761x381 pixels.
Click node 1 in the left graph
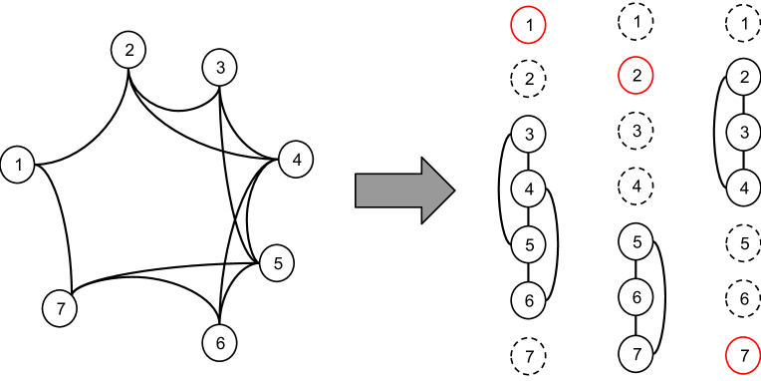pos(17,165)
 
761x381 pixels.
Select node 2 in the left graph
pos(128,50)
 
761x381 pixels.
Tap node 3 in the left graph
pos(219,68)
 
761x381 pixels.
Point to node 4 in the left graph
pos(296,160)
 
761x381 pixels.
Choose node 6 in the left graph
pos(220,343)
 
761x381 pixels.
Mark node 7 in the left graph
pos(60,308)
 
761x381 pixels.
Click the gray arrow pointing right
pos(404,190)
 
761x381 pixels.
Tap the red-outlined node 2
pos(635,76)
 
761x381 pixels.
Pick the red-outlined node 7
pos(738,355)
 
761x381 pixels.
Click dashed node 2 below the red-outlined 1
pos(529,78)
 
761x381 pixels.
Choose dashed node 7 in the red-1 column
pos(529,355)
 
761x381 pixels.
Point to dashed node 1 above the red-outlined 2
pos(635,20)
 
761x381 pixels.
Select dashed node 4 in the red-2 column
pos(635,185)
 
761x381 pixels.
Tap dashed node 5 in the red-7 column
pos(738,242)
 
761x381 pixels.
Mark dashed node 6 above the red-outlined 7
pos(738,298)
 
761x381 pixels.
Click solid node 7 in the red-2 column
pos(635,352)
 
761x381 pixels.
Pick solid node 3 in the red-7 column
pos(738,132)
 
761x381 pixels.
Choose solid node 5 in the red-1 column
pos(529,243)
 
